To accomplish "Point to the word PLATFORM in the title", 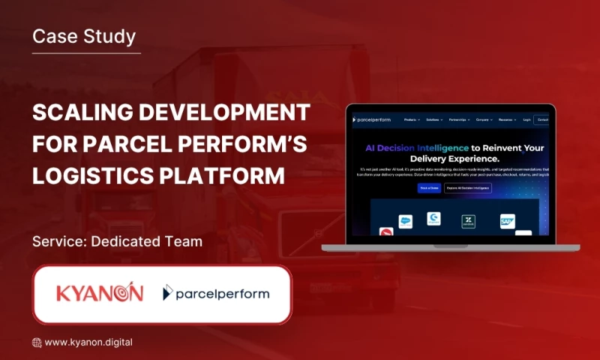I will [x=228, y=175].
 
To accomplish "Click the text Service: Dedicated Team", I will [x=117, y=242].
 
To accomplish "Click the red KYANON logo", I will [x=100, y=293].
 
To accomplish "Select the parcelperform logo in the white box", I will [x=216, y=293].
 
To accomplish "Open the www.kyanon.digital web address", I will [x=88, y=342].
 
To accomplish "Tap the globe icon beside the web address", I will [x=37, y=343].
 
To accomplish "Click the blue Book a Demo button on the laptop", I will [x=429, y=187].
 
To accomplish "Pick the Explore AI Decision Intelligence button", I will [x=468, y=187].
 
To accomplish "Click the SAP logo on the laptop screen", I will [x=508, y=221].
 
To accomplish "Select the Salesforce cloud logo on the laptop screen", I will [x=406, y=221].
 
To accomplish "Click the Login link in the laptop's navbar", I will [x=526, y=119].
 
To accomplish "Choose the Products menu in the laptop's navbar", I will [x=412, y=119].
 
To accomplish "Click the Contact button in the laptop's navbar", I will [x=542, y=119].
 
